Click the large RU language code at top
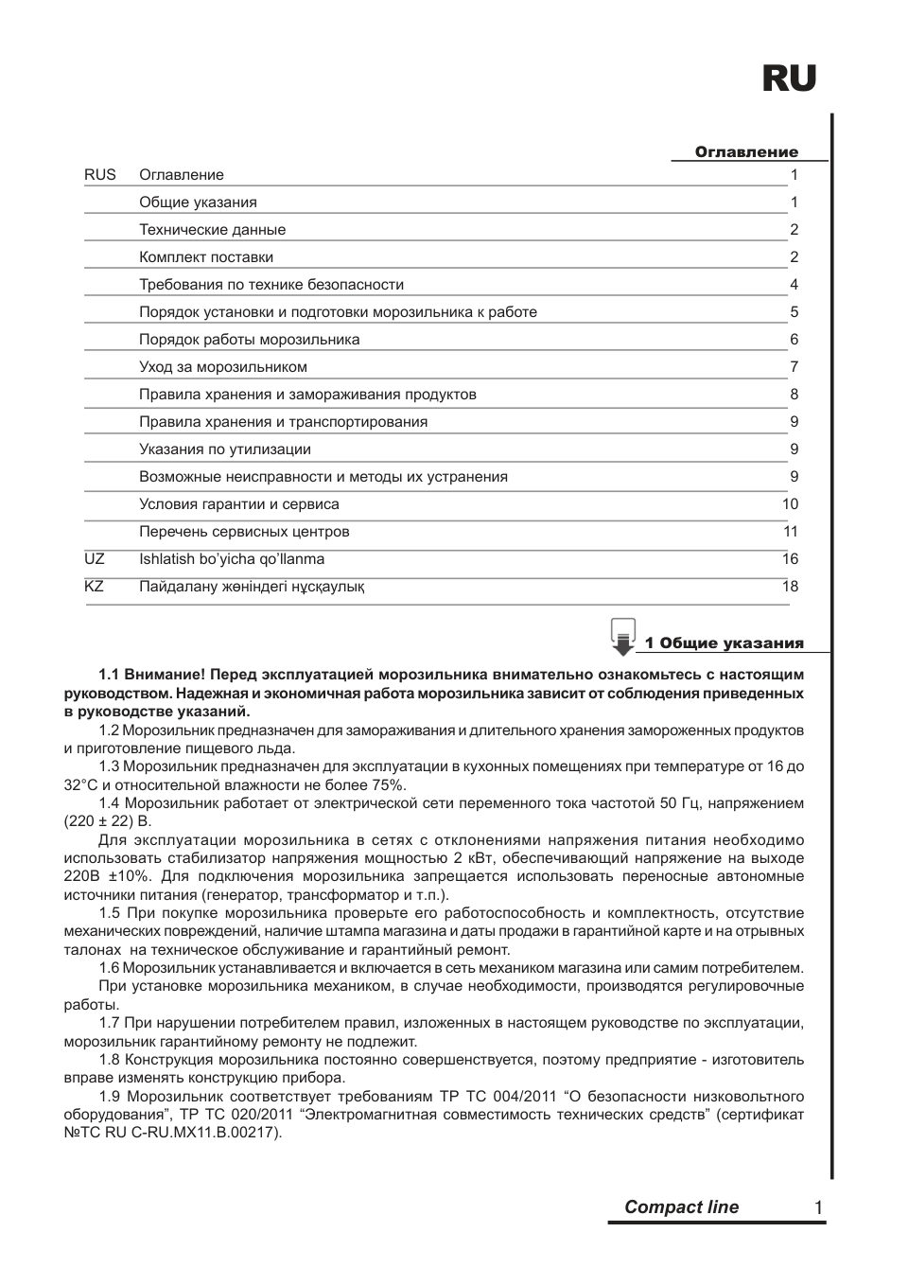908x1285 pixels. click(789, 79)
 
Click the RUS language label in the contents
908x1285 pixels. click(100, 175)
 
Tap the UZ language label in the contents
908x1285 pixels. click(95, 559)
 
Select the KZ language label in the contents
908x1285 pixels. click(95, 587)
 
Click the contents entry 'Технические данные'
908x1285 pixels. click(212, 230)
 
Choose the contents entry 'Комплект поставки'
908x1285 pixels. click(206, 257)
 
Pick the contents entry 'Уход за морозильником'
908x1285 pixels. click(223, 367)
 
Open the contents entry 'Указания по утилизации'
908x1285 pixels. click(225, 449)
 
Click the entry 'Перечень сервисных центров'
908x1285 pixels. click(244, 532)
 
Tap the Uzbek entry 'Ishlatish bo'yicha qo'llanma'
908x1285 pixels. click(232, 559)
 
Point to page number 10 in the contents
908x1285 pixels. click(790, 504)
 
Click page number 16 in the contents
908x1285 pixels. click(790, 559)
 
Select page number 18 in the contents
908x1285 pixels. click(790, 587)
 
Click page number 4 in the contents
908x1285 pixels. click(794, 285)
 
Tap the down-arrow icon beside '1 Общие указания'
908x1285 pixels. click(622, 638)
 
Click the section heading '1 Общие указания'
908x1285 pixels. click(725, 643)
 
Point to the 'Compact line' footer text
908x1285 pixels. click(682, 1207)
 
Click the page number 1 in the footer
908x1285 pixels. click(817, 1207)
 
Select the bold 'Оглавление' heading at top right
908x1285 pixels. click(746, 152)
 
